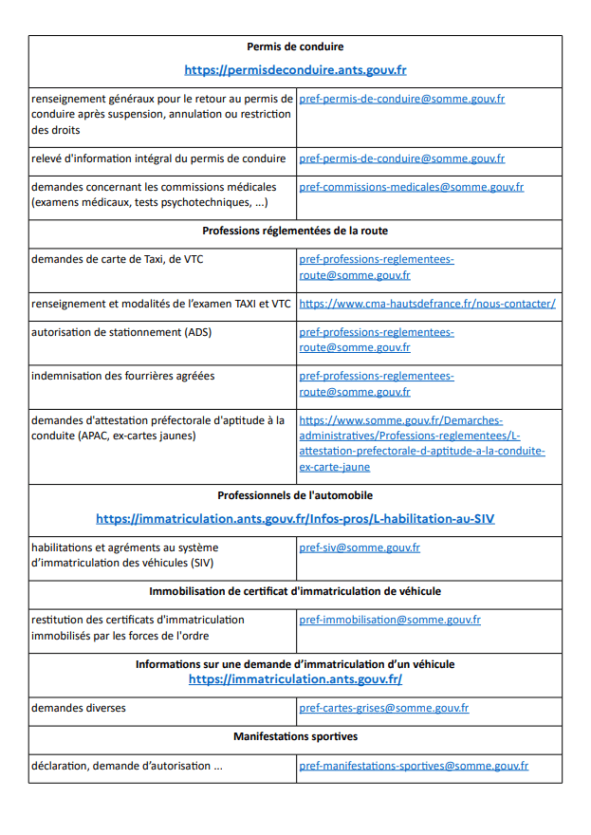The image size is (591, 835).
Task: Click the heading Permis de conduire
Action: [295, 46]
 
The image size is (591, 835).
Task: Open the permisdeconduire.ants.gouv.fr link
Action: [295, 69]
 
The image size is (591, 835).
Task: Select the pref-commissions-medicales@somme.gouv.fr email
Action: [411, 187]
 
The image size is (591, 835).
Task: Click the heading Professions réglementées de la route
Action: [295, 231]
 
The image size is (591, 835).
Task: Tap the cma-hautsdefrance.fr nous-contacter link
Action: [427, 304]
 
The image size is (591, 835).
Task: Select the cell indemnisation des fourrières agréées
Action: [122, 376]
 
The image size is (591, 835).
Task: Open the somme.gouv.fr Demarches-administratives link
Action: [421, 443]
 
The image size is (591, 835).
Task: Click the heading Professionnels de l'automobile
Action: [295, 495]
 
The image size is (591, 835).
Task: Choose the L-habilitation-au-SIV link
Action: [295, 519]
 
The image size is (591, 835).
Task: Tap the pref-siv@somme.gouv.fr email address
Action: [360, 547]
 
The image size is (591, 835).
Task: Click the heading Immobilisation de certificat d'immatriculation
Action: [295, 591]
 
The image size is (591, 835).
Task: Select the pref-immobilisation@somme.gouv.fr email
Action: [389, 620]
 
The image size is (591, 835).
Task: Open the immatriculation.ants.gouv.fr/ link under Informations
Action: [295, 679]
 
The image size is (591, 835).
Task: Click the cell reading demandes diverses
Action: [78, 708]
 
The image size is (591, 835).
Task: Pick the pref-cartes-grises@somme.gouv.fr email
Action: [383, 708]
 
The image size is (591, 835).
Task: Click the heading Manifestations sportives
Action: [295, 736]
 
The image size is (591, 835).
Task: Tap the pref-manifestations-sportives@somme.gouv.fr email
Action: [414, 766]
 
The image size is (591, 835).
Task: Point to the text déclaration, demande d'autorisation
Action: [126, 766]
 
